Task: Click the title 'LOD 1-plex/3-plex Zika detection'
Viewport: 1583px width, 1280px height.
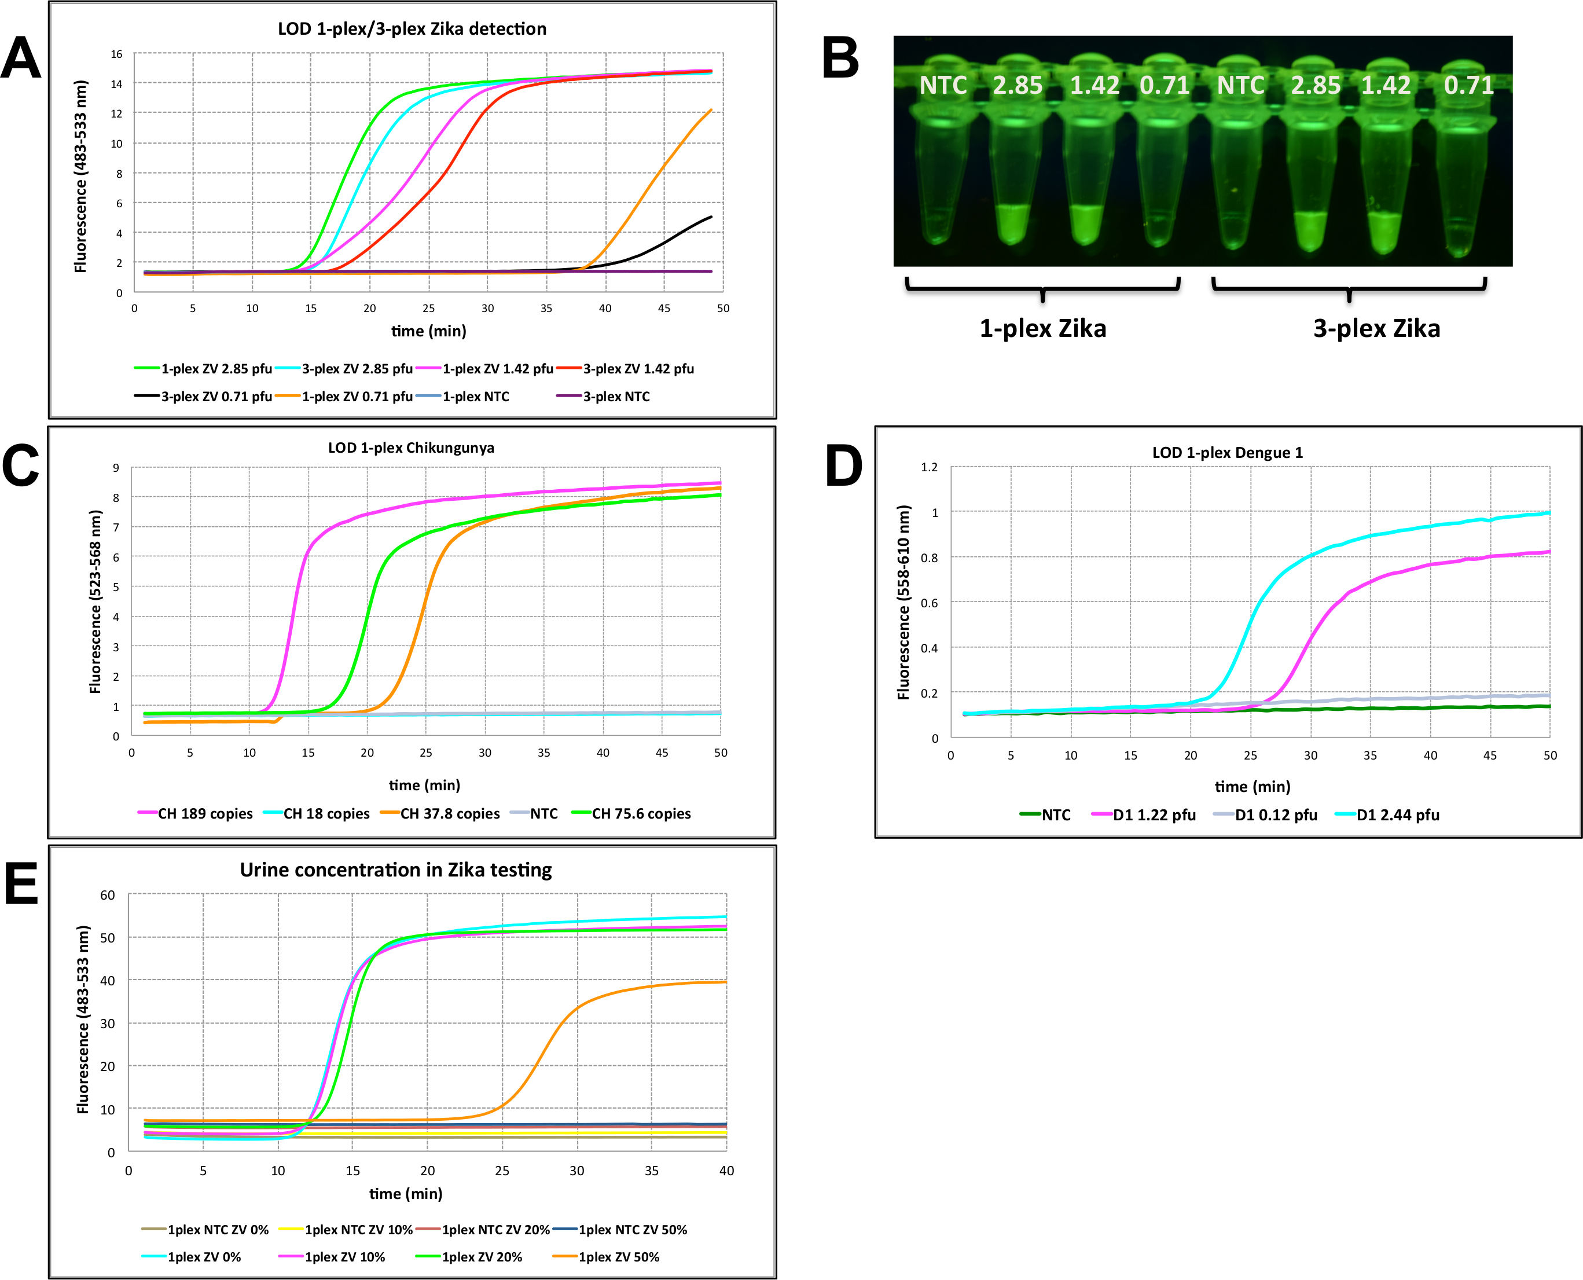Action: tap(412, 29)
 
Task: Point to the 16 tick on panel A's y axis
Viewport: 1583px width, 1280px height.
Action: tap(116, 54)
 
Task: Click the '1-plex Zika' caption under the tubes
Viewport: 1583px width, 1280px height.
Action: tap(1042, 328)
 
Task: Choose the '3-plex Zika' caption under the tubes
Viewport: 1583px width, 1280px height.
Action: tap(1376, 328)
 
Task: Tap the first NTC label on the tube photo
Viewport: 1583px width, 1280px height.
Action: tap(943, 86)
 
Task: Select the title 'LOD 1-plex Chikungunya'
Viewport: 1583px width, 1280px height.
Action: tap(411, 448)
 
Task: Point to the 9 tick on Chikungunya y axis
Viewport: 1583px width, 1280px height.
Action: tap(116, 467)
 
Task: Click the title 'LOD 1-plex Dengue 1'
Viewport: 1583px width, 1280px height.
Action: tap(1227, 453)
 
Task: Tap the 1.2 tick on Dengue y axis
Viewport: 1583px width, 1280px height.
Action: tap(928, 467)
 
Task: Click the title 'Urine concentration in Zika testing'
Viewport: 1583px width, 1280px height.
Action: tap(396, 870)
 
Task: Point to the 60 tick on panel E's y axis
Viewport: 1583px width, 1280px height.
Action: tap(108, 895)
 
